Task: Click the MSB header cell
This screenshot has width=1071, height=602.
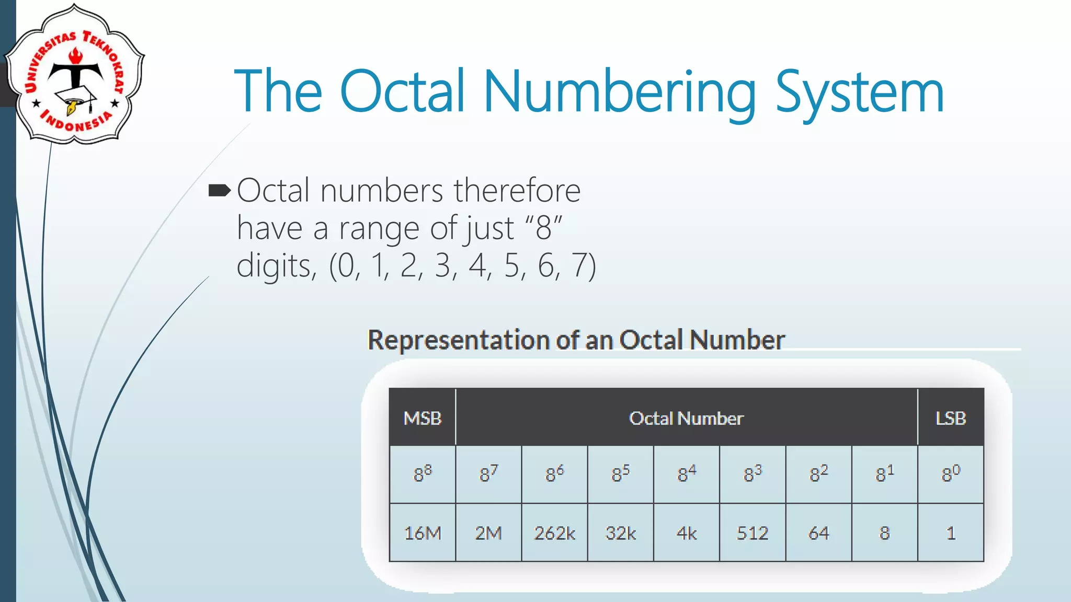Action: coord(423,418)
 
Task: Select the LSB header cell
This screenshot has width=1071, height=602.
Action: coord(950,418)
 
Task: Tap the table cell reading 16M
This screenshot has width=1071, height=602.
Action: coord(423,533)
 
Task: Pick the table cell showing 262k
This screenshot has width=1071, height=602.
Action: coord(554,533)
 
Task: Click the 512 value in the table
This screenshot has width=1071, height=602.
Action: coord(753,533)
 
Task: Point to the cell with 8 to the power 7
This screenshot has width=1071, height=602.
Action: coord(488,474)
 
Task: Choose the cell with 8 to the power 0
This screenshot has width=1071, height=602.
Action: coord(951,474)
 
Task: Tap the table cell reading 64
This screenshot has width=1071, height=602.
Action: coord(818,533)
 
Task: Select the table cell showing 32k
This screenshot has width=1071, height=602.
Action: coord(621,533)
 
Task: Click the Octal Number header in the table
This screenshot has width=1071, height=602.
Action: coord(686,418)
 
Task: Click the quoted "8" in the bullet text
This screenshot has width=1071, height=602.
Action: coord(544,228)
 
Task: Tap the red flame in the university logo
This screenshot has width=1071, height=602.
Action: coord(76,55)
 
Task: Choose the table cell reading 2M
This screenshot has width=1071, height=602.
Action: coord(488,533)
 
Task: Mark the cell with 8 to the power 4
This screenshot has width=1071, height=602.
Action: coord(687,474)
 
